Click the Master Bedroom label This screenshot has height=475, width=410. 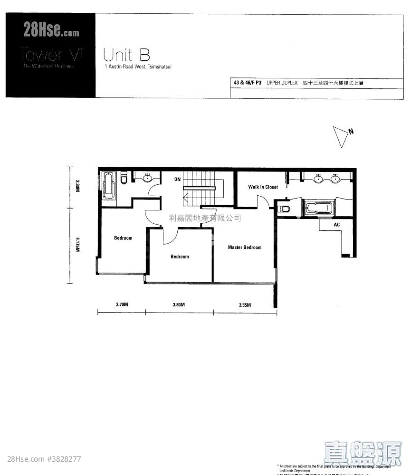pyautogui.click(x=244, y=247)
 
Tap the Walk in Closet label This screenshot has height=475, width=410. pyautogui.click(x=263, y=187)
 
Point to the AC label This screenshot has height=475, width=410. pyautogui.click(x=337, y=225)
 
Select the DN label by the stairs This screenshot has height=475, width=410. pyautogui.click(x=177, y=180)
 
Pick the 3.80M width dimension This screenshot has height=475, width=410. pyautogui.click(x=179, y=304)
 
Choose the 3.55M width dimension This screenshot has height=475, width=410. pyautogui.click(x=245, y=304)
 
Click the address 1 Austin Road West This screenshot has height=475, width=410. pyautogui.click(x=138, y=67)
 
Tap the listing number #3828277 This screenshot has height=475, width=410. pyautogui.click(x=64, y=459)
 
